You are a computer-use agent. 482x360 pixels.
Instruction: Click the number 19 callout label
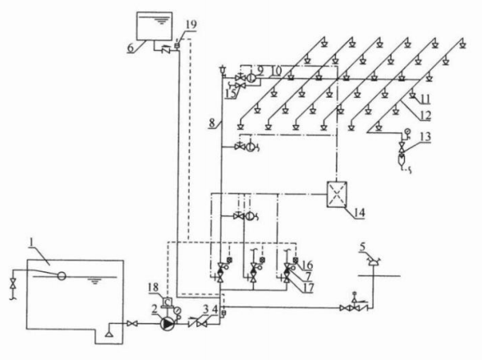point(191,25)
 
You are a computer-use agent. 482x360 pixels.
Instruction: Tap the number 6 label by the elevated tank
point(131,48)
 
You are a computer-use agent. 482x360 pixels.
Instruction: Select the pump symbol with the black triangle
point(168,324)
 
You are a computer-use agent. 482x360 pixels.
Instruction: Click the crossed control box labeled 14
point(337,195)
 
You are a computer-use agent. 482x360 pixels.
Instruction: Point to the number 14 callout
point(359,213)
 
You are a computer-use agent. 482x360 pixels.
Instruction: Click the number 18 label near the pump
point(153,288)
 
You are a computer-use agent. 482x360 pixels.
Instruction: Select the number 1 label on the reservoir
point(31,242)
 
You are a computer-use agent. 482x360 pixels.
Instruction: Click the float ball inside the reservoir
point(62,276)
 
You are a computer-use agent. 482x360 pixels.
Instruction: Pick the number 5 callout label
point(363,247)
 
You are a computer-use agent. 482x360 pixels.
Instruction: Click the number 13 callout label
point(425,136)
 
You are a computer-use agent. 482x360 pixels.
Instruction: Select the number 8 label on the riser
point(212,123)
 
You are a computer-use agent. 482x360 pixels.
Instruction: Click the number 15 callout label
point(231,94)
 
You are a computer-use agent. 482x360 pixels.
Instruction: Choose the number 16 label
point(307,265)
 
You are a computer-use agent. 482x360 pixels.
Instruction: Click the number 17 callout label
point(308,288)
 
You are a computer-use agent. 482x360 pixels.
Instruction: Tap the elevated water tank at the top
point(154,26)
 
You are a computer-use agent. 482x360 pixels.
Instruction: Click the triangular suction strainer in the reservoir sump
point(109,334)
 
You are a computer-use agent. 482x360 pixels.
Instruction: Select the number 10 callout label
point(277,71)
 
